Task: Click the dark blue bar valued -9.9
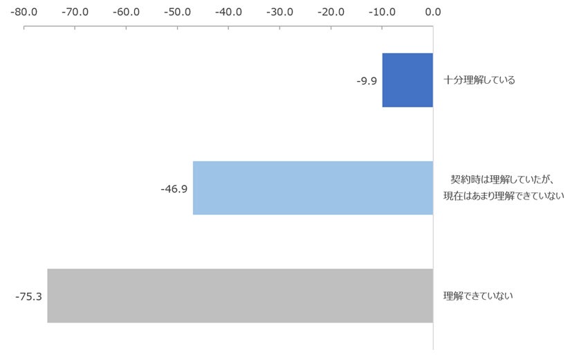[407, 80]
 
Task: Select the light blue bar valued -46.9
[313, 188]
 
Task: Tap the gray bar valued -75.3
[240, 296]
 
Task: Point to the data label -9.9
[367, 81]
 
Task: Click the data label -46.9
[174, 189]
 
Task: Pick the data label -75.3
[29, 297]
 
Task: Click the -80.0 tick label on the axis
[24, 12]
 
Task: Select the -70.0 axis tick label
[75, 12]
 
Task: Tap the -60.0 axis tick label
[126, 12]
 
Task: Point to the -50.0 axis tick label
[177, 12]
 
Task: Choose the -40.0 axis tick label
[229, 12]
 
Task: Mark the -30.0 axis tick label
[280, 12]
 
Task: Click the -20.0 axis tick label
[331, 12]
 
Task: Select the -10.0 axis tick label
[382, 12]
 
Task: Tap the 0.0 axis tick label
[433, 12]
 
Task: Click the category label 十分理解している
[479, 80]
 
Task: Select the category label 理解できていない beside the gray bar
[478, 296]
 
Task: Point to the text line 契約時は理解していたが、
[502, 179]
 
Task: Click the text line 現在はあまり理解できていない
[504, 196]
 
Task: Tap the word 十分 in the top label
[452, 80]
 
